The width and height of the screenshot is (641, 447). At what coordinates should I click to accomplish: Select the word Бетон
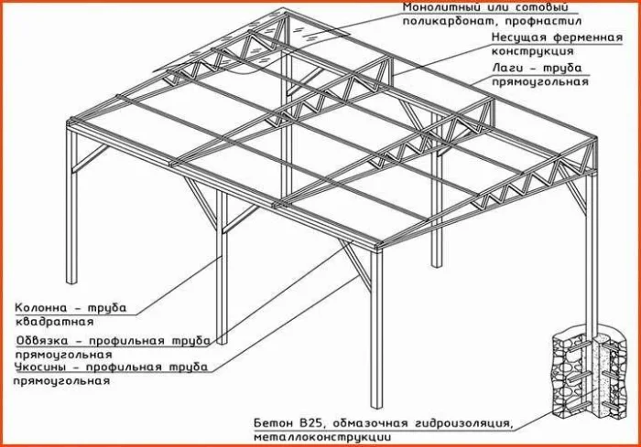pos(275,424)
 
